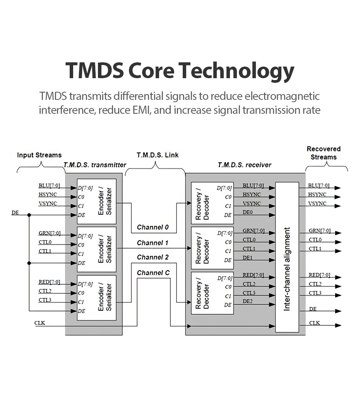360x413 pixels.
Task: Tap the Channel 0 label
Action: pyautogui.click(x=153, y=227)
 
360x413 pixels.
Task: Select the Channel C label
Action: pyautogui.click(x=153, y=272)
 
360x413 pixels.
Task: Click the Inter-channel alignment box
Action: pyautogui.click(x=287, y=257)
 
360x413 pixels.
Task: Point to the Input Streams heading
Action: pyautogui.click(x=39, y=155)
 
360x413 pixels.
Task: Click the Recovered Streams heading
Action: pyautogui.click(x=324, y=153)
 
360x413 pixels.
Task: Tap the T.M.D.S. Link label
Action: pyautogui.click(x=158, y=155)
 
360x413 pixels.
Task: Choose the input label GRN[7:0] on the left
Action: pyautogui.click(x=50, y=233)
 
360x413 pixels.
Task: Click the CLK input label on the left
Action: pyautogui.click(x=39, y=323)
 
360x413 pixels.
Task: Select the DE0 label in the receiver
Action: pyautogui.click(x=248, y=212)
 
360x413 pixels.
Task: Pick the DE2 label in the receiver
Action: pyautogui.click(x=248, y=301)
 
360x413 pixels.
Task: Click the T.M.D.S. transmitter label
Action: pyautogui.click(x=95, y=165)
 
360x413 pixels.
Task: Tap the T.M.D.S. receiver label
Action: pyautogui.click(x=244, y=165)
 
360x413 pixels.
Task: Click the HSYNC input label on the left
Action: pyautogui.click(x=48, y=194)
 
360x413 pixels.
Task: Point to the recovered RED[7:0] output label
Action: pyautogui.click(x=319, y=275)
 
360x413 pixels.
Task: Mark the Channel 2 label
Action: pyautogui.click(x=153, y=257)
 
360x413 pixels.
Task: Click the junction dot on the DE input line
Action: pyautogui.click(x=29, y=215)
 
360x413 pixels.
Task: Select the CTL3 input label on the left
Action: pyautogui.click(x=45, y=300)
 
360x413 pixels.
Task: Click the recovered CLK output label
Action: pyautogui.click(x=314, y=323)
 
